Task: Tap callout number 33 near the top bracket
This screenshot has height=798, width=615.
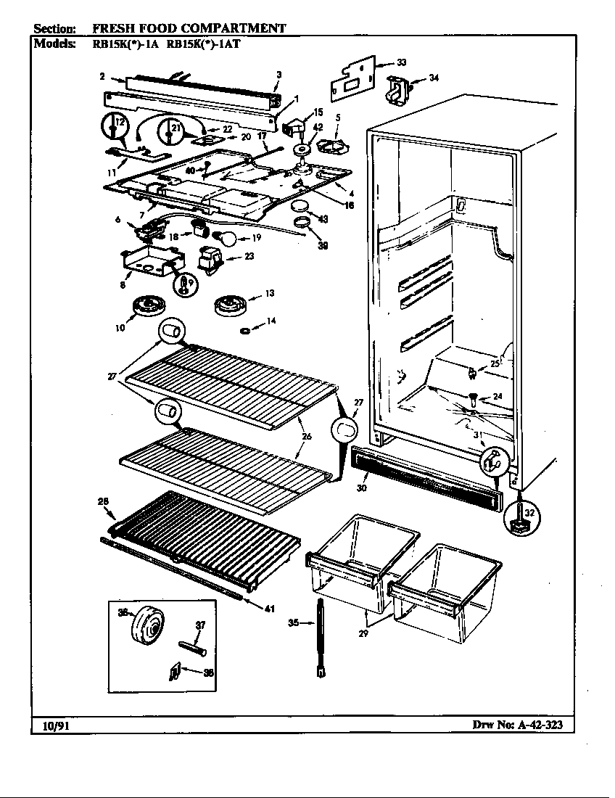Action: click(401, 63)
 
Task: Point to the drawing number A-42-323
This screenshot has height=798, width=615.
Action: click(534, 725)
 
